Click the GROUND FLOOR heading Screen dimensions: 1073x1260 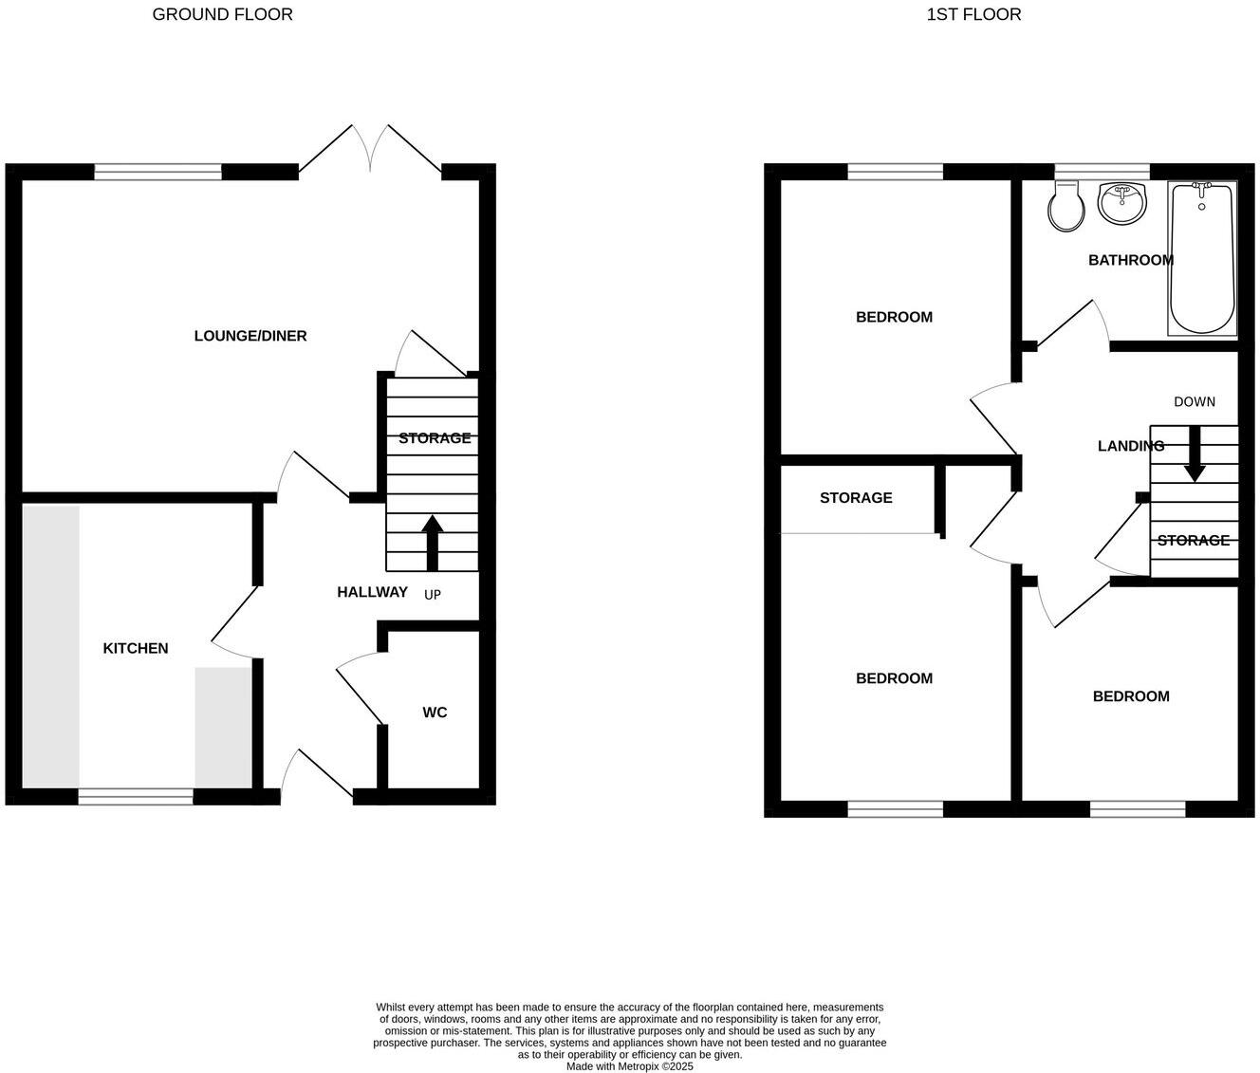[222, 14]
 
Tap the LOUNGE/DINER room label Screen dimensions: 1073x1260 [250, 336]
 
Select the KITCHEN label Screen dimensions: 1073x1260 [136, 648]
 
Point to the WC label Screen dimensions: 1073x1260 [435, 712]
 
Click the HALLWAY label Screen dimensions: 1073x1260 [372, 592]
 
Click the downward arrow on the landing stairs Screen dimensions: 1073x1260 [1194, 454]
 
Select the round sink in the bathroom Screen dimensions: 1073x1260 [1121, 201]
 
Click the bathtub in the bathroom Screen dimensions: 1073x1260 [1202, 257]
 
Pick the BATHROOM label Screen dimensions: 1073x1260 [1130, 260]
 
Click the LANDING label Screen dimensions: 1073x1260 [1130, 446]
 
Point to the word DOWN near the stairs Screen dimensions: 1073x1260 [1194, 401]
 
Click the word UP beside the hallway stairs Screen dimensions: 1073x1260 [433, 595]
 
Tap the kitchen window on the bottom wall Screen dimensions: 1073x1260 [136, 797]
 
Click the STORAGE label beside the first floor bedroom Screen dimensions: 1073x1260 [856, 498]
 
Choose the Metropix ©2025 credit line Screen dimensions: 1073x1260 [630, 1066]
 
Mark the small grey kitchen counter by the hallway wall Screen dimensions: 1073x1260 [224, 727]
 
